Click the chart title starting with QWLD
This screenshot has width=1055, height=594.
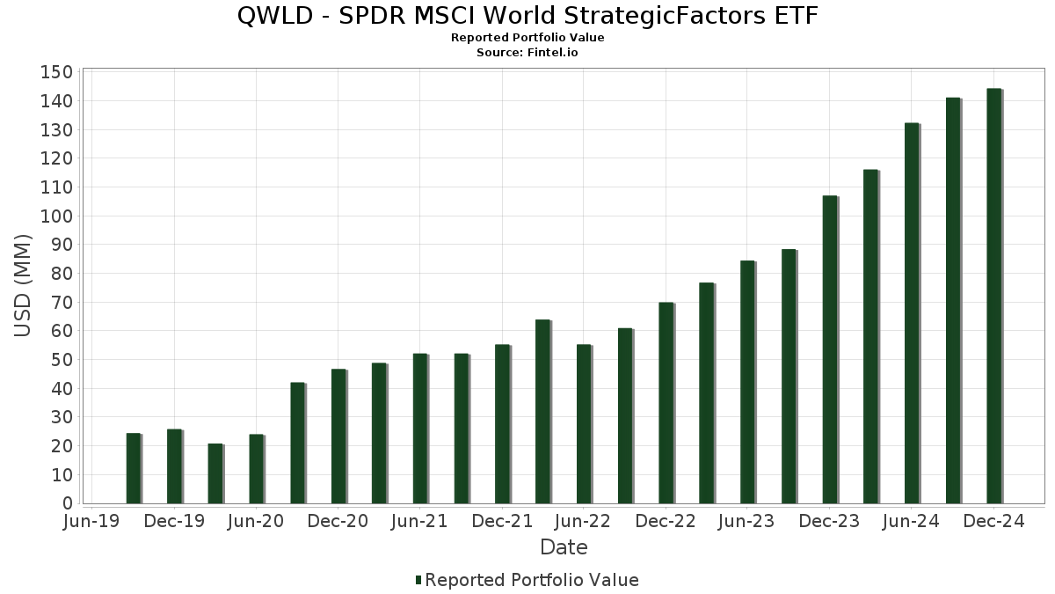click(x=527, y=16)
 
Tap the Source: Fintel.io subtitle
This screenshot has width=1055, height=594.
click(x=527, y=52)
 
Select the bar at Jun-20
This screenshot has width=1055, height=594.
click(x=256, y=469)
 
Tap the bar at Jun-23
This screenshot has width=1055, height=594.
click(x=747, y=382)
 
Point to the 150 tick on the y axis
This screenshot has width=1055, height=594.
click(x=55, y=72)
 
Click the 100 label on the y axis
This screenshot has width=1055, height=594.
click(x=55, y=216)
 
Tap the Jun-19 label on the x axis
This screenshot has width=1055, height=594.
click(x=92, y=522)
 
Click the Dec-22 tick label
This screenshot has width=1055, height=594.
click(x=666, y=522)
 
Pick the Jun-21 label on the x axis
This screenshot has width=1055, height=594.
click(x=419, y=522)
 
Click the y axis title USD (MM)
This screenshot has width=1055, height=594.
click(x=24, y=286)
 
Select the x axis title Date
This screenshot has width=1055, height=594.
click(x=564, y=547)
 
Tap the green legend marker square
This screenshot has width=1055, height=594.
click(x=418, y=580)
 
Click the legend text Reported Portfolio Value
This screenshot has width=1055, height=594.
click(x=532, y=580)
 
